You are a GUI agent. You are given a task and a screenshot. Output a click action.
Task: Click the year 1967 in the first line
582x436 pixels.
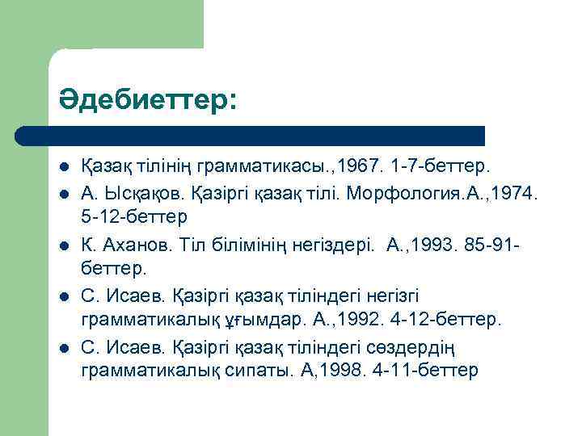click(358, 166)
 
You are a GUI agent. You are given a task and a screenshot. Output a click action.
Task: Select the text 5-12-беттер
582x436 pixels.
click(134, 218)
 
